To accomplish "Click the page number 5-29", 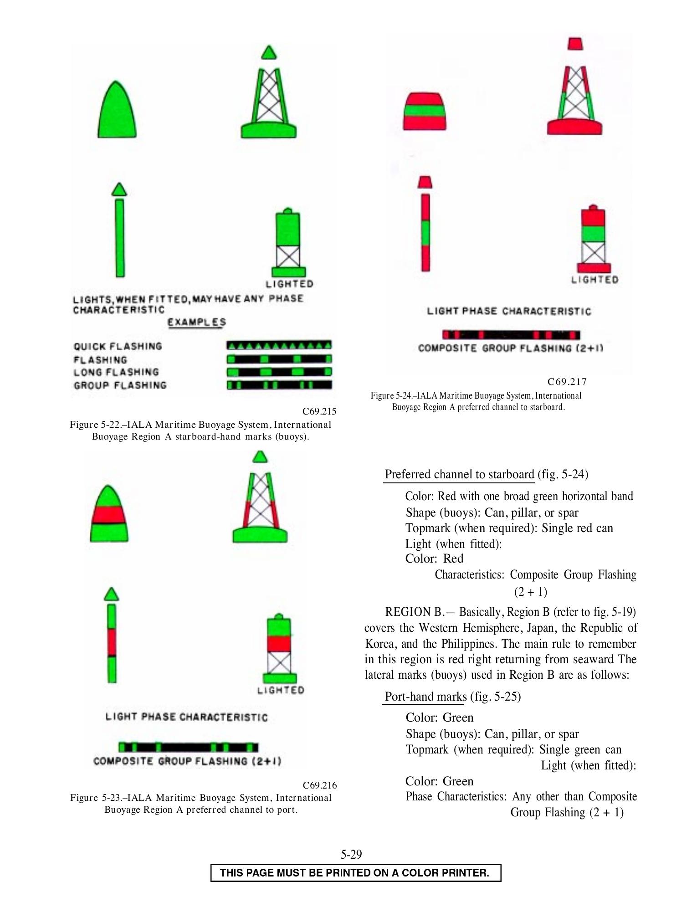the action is pos(351,854).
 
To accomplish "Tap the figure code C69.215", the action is pos(319,411).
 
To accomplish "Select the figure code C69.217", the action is pos(567,382).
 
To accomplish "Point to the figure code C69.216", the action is pos(320,785).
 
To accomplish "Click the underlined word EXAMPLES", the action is pos(197,322).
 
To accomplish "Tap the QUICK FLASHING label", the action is pos(118,346).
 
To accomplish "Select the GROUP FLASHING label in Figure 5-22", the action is pos(120,385).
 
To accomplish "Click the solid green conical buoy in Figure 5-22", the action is pos(117,110).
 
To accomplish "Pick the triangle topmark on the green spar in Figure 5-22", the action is pos(119,190).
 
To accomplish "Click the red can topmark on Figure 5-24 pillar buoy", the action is pos(575,44).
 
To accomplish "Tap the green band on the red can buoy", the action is pos(425,111).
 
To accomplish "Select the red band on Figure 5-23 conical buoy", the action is pos(109,514).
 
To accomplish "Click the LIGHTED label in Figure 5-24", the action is pos(595,280).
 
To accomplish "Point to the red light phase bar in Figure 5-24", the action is pos(511,335).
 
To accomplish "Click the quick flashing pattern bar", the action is pos(279,345).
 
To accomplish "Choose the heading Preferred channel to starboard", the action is pos(459,474).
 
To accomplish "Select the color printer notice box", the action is pos(356,873).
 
